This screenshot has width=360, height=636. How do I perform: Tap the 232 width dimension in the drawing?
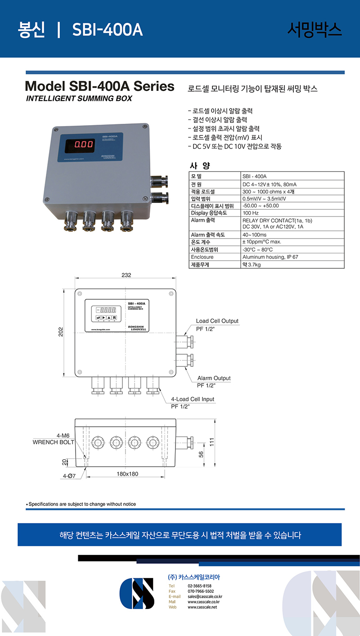[126, 275]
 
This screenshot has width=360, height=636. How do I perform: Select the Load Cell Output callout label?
[217, 321]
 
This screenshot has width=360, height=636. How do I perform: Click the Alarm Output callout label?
[214, 378]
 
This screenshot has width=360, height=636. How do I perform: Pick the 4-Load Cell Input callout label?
[193, 399]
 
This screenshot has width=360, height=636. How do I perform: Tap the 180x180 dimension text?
[127, 474]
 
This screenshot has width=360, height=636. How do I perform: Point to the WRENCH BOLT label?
[53, 442]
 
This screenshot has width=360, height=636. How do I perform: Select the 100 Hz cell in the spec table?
[251, 213]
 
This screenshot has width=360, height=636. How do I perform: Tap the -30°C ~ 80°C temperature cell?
[257, 250]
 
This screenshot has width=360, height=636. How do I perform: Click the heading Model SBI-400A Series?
[99, 86]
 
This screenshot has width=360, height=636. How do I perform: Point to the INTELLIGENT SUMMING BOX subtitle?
[79, 99]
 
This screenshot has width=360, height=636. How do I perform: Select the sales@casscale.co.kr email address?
[205, 596]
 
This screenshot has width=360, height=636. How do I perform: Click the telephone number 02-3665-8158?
[199, 586]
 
